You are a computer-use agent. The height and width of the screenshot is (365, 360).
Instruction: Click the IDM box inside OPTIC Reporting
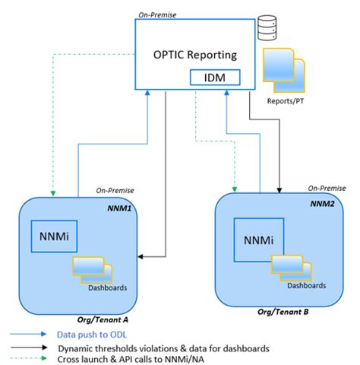tap(216, 77)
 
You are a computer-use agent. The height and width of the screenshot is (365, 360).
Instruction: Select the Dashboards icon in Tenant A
tap(92, 268)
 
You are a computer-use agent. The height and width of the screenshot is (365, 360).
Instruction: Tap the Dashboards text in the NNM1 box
tap(106, 287)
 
